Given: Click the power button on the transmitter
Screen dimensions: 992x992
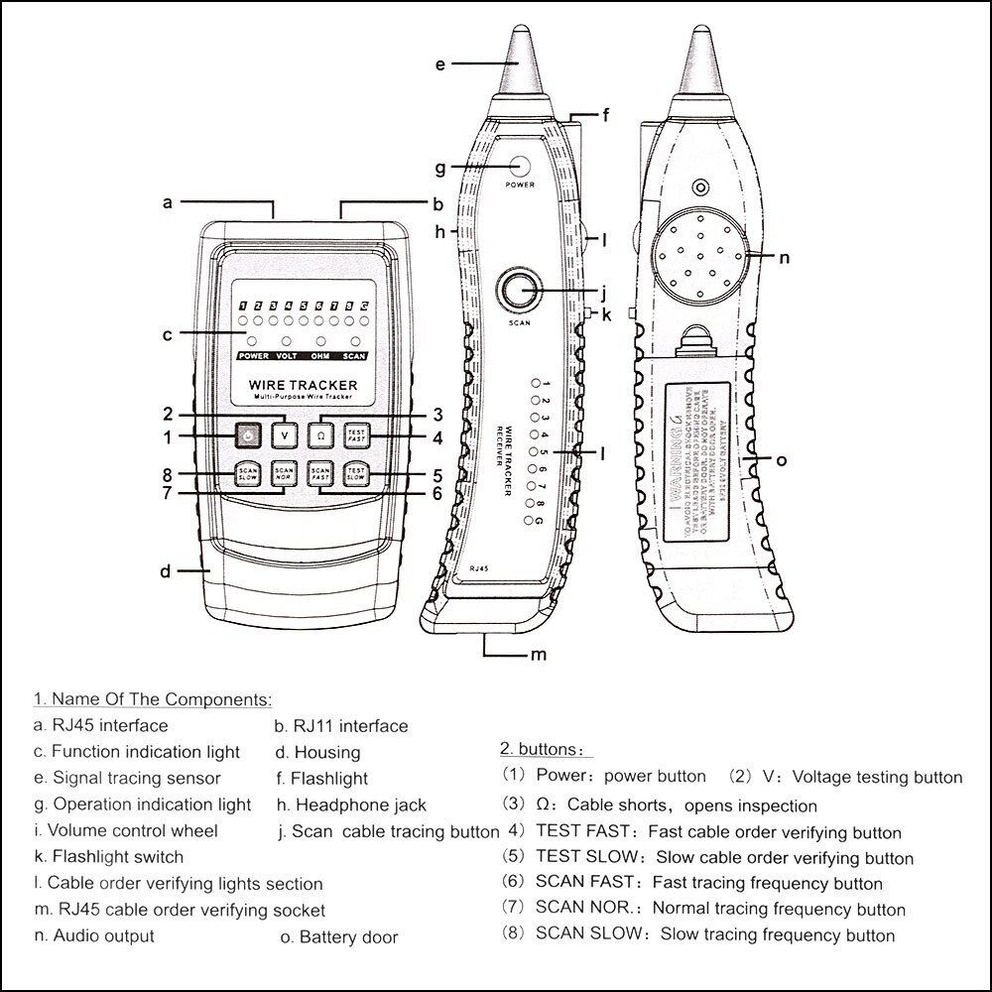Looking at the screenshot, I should tap(247, 434).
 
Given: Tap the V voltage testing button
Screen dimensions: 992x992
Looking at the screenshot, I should tap(285, 434).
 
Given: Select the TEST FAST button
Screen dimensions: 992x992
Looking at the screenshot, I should tap(356, 434).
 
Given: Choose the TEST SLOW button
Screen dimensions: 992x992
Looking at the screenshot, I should tap(356, 473).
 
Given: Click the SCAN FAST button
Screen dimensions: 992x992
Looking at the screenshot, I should tap(320, 473).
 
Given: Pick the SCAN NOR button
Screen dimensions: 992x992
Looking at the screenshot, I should tap(285, 473).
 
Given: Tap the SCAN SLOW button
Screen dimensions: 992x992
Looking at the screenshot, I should tap(247, 473).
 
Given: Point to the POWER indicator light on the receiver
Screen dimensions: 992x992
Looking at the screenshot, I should tap(520, 165).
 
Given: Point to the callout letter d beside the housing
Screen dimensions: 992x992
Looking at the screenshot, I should tap(166, 571).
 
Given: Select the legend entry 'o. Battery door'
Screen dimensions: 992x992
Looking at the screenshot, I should tap(338, 936).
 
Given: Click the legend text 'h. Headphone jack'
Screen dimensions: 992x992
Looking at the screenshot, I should tap(351, 805).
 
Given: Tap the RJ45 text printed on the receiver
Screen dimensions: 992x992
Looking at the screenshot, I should tap(480, 566).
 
